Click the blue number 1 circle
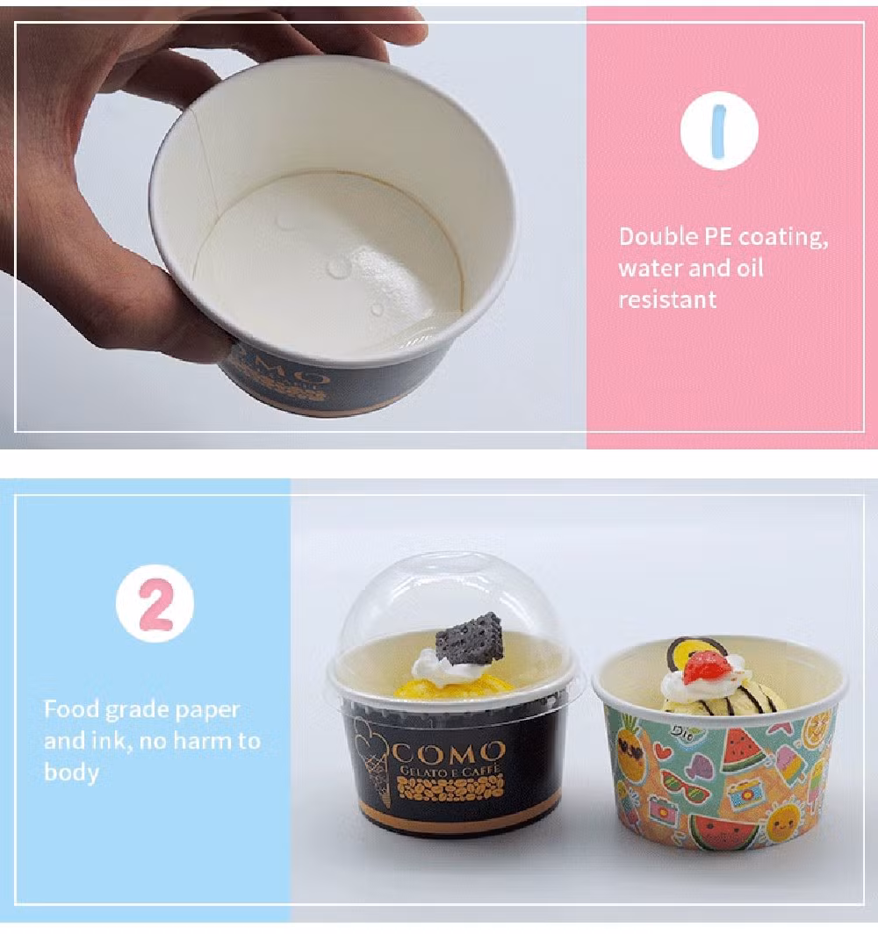tap(719, 131)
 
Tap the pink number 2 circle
tap(155, 603)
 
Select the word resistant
tap(667, 299)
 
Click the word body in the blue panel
tap(71, 772)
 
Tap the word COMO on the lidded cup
tap(448, 753)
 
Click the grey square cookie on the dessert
tap(470, 637)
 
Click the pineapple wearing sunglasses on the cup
tap(630, 748)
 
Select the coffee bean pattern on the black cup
tap(450, 787)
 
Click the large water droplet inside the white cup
tap(338, 268)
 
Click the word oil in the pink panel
tap(750, 269)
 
